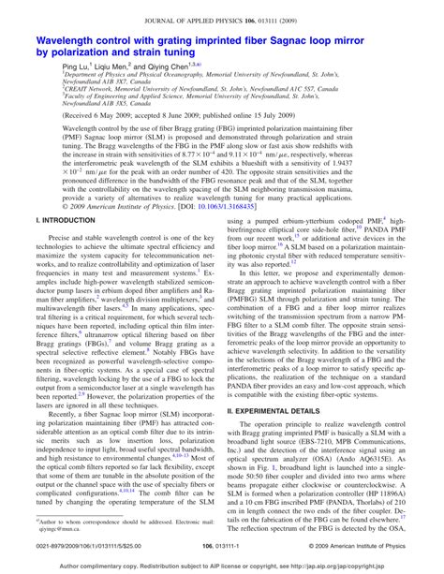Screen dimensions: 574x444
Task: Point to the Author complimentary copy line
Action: point(221,566)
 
